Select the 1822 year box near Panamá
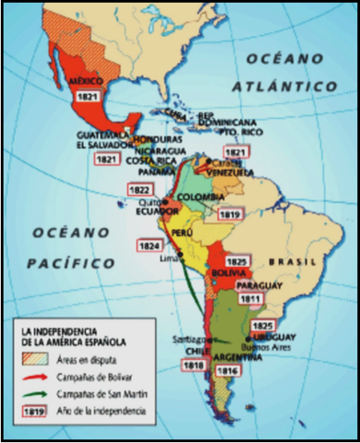[138, 187]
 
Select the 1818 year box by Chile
[193, 366]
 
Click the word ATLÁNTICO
[298, 85]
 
